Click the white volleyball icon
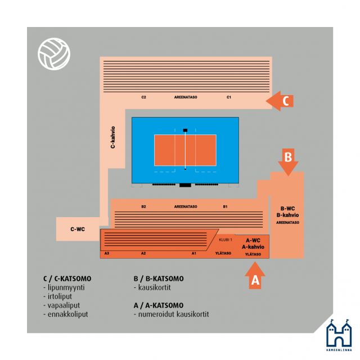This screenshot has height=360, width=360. pos(54,54)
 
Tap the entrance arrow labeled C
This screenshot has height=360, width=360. pos(280,101)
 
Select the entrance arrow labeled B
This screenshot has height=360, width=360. pos(288,162)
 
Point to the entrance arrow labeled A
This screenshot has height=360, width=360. pos(255,275)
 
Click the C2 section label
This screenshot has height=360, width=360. pos(144,97)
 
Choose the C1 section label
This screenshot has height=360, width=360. pos(229,97)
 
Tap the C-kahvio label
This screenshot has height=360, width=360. pos(112,137)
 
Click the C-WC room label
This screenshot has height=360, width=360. pos(78,229)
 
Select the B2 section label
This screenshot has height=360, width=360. pos(144,206)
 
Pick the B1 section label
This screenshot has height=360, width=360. pos(225,206)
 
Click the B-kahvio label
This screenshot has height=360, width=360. pos(287,215)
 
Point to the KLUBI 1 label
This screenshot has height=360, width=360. pos(226,240)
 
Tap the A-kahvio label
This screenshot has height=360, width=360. pos(253,247)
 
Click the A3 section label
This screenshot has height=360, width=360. pos(107,253)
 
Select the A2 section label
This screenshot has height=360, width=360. pos(143,253)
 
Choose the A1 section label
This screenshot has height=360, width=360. pos(194,253)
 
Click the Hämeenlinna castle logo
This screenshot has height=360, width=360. pos(339,335)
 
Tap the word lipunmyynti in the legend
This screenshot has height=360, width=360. pos(66,287)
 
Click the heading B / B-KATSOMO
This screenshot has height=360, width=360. pos(159,278)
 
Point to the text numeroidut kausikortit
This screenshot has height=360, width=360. pos(174,314)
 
